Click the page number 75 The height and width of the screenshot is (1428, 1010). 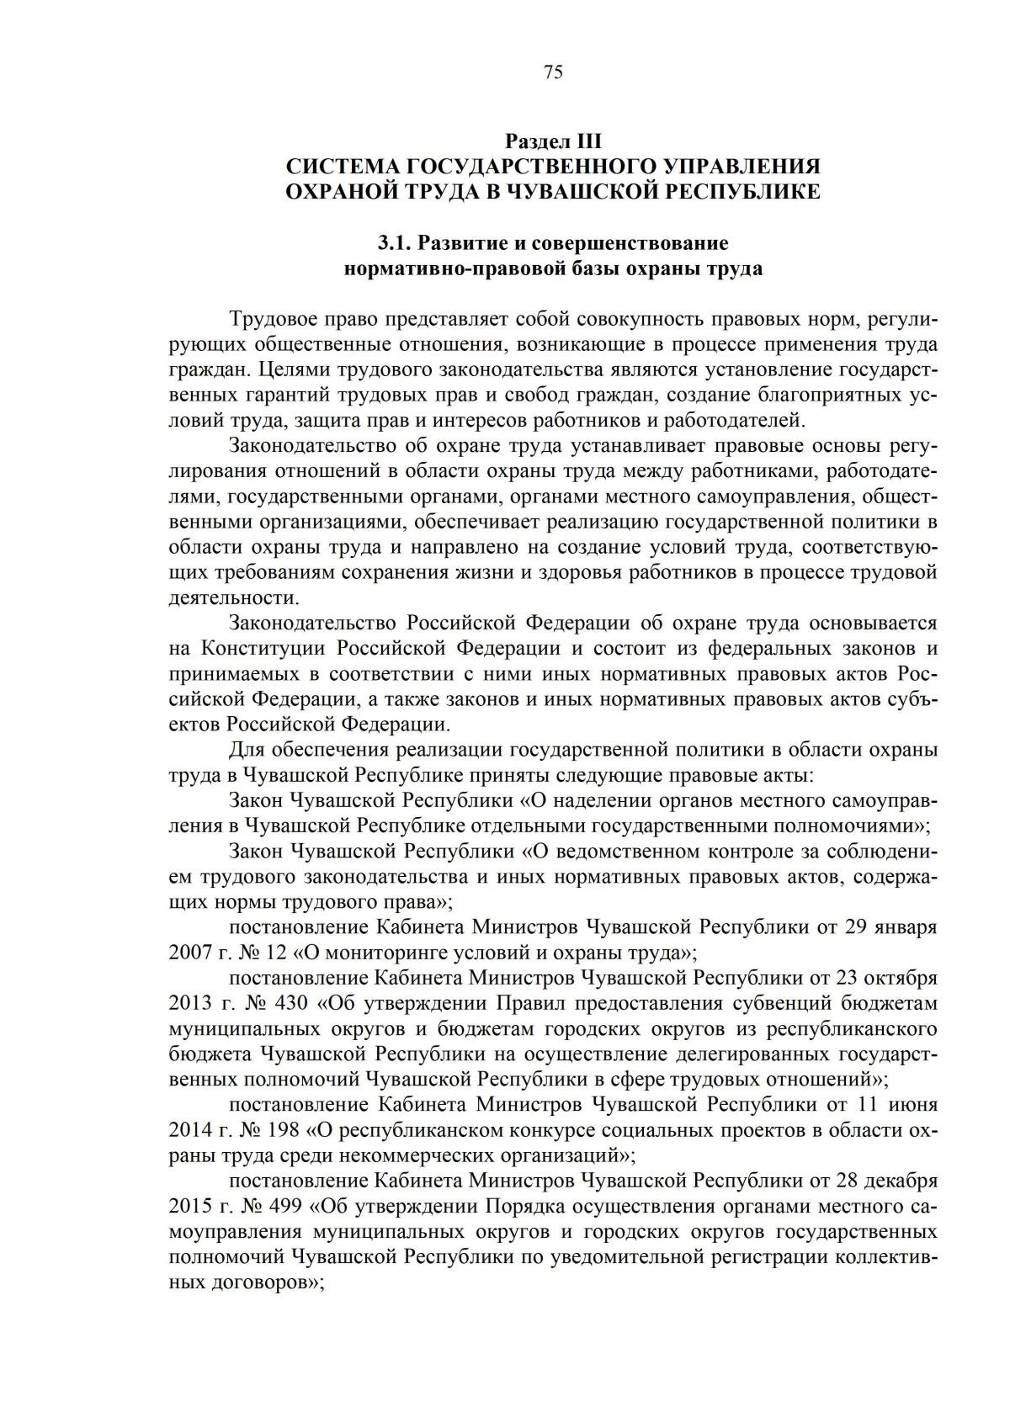coord(553,72)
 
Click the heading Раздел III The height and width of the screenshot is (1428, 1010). coord(553,141)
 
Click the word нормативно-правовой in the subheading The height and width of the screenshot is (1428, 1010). coord(453,269)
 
